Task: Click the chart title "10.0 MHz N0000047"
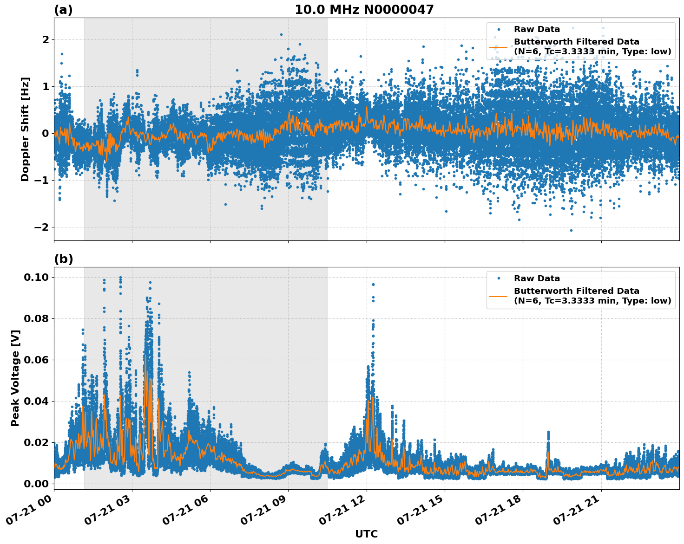click(x=364, y=10)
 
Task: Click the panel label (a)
click(x=63, y=10)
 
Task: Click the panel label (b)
click(x=63, y=259)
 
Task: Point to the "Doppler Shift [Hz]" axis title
click(x=25, y=129)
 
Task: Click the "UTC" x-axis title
click(x=366, y=534)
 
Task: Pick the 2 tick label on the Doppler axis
click(x=46, y=39)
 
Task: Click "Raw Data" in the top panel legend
click(x=537, y=29)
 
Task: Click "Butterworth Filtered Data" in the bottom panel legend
click(x=576, y=291)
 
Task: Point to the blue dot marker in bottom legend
click(x=498, y=278)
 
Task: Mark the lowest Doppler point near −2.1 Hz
click(x=571, y=230)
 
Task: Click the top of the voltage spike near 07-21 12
click(x=373, y=284)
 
